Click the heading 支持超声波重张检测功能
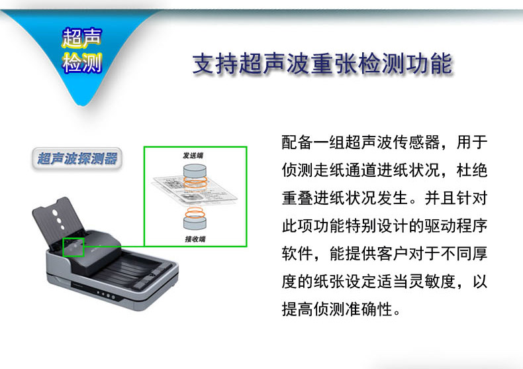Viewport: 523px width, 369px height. (x=322, y=64)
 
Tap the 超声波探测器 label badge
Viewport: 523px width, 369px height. (x=77, y=158)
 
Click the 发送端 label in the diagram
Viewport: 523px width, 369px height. (x=193, y=156)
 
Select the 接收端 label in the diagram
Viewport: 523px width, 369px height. (x=195, y=239)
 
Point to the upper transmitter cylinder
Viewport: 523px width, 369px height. (x=195, y=171)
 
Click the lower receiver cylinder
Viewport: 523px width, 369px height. (x=195, y=223)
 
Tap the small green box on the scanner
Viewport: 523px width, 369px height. (x=73, y=247)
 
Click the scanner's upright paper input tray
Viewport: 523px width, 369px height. (x=58, y=222)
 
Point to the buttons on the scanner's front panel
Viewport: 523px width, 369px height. (x=106, y=295)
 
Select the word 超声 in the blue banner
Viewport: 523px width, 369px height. (x=82, y=37)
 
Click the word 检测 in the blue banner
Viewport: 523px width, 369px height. (x=82, y=63)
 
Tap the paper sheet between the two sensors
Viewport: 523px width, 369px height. (x=195, y=190)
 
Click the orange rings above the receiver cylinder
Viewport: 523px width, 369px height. (x=195, y=213)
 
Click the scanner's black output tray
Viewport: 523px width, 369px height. (x=134, y=267)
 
